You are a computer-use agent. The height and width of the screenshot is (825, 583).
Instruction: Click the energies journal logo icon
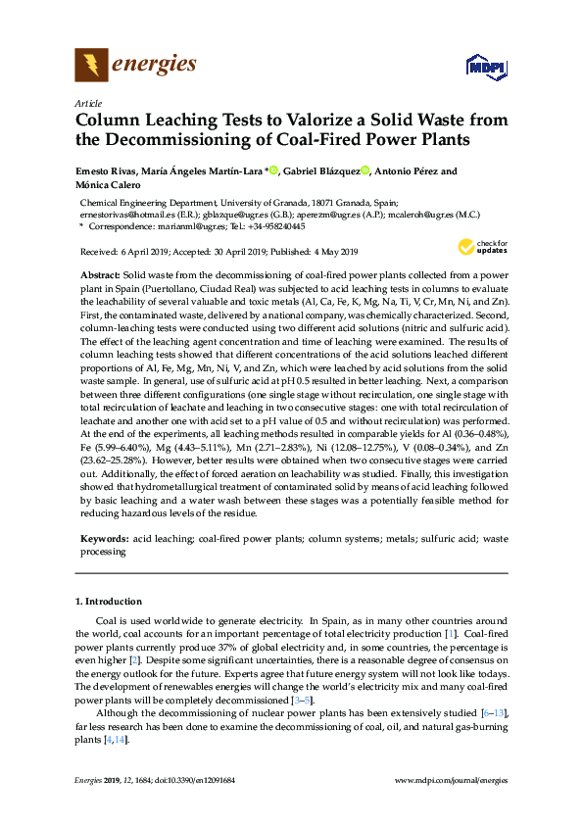(91, 66)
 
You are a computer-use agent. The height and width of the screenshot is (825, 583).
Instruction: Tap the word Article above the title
(88, 102)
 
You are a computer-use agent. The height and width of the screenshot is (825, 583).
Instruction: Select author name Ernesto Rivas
(106, 171)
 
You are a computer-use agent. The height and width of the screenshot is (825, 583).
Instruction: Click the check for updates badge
(482, 246)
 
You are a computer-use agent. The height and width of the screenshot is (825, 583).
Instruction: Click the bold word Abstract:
(100, 276)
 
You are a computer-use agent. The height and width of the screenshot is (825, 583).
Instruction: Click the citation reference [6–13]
(494, 711)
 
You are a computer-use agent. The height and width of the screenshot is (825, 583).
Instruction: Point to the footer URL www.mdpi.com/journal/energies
(450, 781)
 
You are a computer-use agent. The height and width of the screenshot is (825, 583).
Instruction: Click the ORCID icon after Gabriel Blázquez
(365, 171)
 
